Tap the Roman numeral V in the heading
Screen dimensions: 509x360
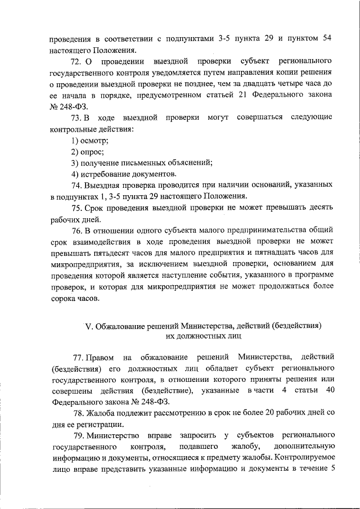tap(87, 326)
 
